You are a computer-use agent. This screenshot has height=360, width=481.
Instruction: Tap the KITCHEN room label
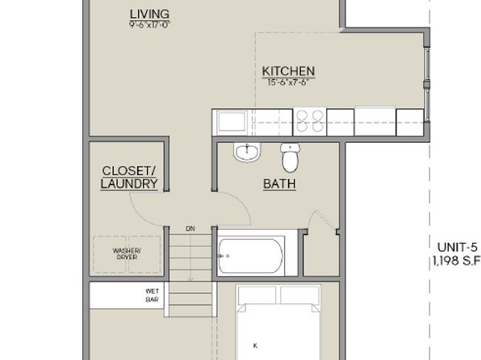[288, 71]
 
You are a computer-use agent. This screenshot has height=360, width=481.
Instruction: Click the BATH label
[279, 184]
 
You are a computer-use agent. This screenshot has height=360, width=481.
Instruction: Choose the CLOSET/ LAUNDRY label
[128, 178]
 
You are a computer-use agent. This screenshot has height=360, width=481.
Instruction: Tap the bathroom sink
[245, 153]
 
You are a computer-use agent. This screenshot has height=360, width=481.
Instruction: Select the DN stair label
[190, 229]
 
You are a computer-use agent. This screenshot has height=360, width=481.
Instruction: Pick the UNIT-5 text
[458, 248]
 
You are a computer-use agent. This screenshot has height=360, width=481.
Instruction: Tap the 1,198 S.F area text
[456, 261]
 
